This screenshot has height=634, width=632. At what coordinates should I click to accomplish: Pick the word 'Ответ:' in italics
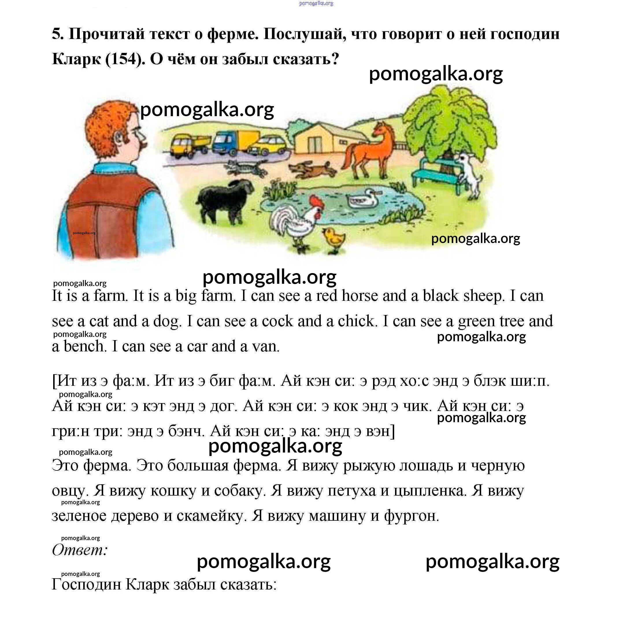click(x=80, y=550)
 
